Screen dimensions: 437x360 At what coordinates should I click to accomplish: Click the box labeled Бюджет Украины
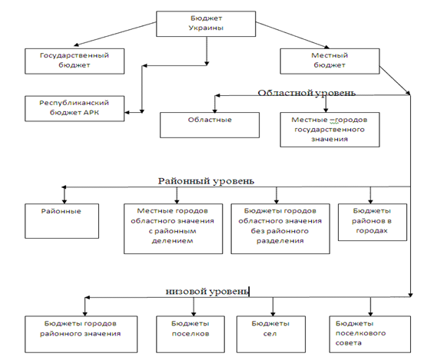click(206, 24)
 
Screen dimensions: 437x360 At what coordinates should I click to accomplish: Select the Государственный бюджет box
click(74, 61)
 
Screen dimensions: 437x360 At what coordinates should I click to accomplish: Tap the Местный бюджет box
click(329, 61)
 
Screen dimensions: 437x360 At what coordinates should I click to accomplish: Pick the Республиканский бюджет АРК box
click(74, 109)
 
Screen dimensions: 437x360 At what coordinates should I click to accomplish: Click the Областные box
click(210, 125)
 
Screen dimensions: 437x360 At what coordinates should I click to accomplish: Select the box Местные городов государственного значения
click(329, 130)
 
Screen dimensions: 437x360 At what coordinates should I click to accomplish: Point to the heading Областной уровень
click(306, 93)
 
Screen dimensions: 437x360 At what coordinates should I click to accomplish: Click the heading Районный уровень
click(207, 181)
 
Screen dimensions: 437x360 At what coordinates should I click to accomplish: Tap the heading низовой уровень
click(207, 291)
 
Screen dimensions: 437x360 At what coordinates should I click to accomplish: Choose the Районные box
click(61, 221)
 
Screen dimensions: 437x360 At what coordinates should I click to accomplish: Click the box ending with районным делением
click(173, 229)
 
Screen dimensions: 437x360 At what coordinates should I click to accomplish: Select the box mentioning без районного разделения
click(280, 229)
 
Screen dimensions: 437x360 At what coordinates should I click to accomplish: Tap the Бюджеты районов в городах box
click(372, 222)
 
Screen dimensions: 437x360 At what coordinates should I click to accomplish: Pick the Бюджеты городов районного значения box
click(81, 334)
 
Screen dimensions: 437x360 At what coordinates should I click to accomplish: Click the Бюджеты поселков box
click(190, 334)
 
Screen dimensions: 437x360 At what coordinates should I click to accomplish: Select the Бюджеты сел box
click(271, 334)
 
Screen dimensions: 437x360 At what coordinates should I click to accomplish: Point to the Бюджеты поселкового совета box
click(370, 334)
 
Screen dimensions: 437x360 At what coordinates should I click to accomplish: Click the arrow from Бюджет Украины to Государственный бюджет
click(115, 34)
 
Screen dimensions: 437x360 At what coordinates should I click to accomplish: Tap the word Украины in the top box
click(206, 28)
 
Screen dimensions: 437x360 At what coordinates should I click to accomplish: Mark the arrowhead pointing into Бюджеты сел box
click(273, 313)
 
